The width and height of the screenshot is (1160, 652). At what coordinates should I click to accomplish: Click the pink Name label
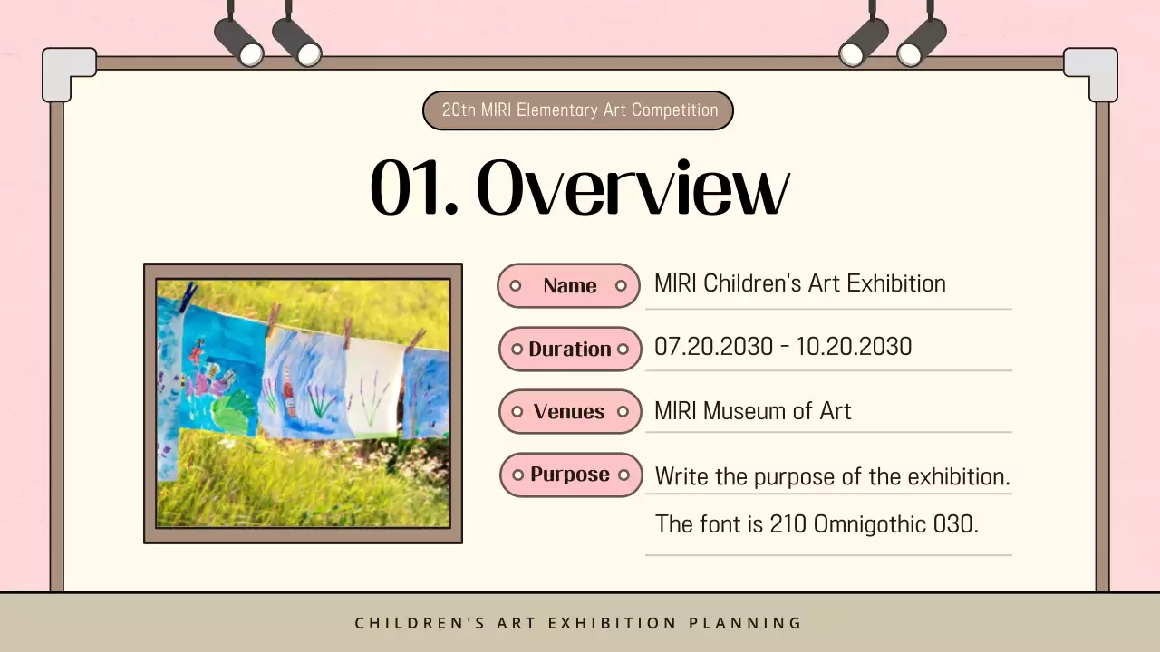[x=569, y=286]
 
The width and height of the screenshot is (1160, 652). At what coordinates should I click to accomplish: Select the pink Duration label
[x=570, y=350]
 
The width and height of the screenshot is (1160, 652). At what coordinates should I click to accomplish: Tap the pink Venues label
[x=570, y=412]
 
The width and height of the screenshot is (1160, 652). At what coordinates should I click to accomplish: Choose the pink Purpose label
[x=570, y=475]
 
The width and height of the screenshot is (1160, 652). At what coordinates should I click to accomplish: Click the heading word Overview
[x=632, y=188]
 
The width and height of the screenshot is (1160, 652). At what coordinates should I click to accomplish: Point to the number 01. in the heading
[x=412, y=188]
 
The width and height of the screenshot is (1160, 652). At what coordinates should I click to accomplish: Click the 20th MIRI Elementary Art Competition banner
[x=578, y=110]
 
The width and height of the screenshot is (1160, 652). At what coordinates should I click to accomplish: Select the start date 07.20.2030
[x=714, y=347]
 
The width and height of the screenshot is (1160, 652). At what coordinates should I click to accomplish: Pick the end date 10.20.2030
[x=854, y=347]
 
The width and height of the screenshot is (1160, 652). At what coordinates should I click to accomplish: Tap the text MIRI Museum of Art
[x=752, y=411]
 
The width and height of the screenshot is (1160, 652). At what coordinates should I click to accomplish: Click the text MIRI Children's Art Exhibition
[x=799, y=283]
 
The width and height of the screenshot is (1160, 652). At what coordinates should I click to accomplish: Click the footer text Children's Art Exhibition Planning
[x=578, y=623]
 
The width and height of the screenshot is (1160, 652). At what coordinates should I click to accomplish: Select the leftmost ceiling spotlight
[x=238, y=41]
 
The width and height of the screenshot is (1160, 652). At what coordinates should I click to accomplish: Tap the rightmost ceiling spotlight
[x=923, y=41]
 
